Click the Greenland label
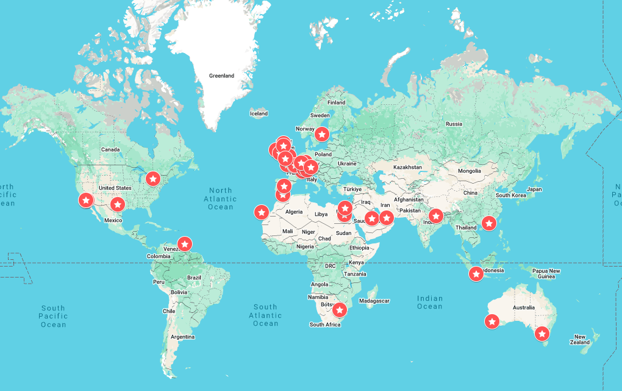coord(221,76)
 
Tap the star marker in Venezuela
coord(184,243)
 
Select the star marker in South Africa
coord(340,310)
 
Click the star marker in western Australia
coord(492,321)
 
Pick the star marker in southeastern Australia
coord(542,334)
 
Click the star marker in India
coord(435,215)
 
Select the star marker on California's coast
coord(87,199)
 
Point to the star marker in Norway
coord(322,133)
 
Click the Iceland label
coord(259,113)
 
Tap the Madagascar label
coord(374,301)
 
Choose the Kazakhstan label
coord(407,167)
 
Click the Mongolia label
coord(470,171)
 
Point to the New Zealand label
coord(582,339)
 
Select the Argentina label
coord(183,337)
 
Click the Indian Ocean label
coord(429,302)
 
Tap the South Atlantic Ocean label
coord(265,315)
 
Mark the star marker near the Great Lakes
coord(153,179)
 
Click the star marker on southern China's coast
coord(488,223)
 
